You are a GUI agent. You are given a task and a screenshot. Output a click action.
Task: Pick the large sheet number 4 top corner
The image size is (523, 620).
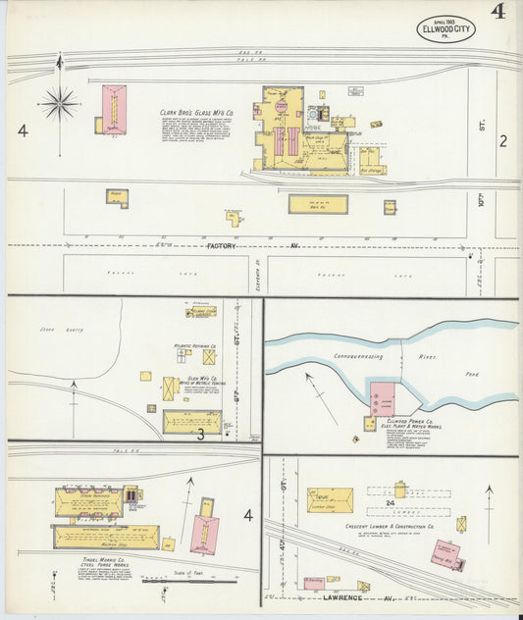coord(499,14)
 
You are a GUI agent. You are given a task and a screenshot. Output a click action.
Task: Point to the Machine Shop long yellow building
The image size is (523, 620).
coord(102,537)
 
